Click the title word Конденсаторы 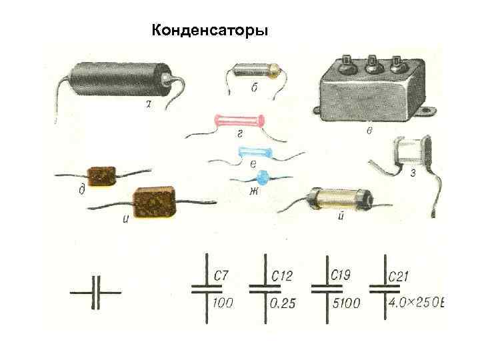210,31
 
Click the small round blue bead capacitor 261,177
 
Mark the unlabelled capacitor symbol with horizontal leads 96,291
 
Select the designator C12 282,275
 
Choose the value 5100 345,303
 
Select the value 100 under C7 223,303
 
